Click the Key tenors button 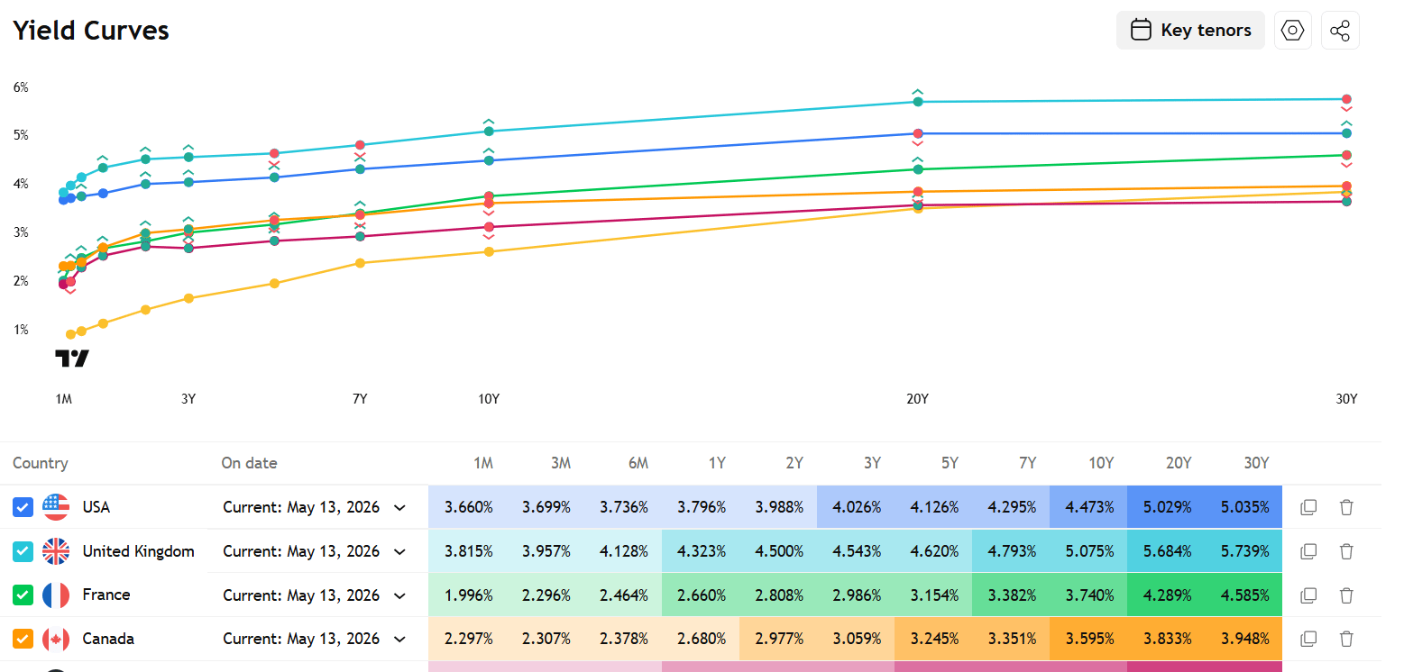tap(1190, 30)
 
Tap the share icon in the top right tap(1340, 30)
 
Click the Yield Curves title tap(91, 30)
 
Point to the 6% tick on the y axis tap(21, 87)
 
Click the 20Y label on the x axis tap(918, 399)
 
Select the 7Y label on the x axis tap(360, 399)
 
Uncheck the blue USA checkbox tap(23, 506)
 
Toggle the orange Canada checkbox tap(23, 639)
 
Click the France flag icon tap(56, 595)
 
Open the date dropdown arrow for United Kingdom tap(399, 552)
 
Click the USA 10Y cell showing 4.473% tap(1088, 506)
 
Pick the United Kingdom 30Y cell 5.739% tap(1244, 551)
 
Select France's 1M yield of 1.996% tap(468, 595)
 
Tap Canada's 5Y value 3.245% tap(934, 639)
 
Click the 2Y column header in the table tap(794, 463)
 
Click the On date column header tap(249, 463)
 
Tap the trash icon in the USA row tap(1346, 506)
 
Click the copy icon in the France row tap(1308, 595)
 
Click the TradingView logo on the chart tap(72, 359)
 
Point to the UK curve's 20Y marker tap(918, 102)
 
